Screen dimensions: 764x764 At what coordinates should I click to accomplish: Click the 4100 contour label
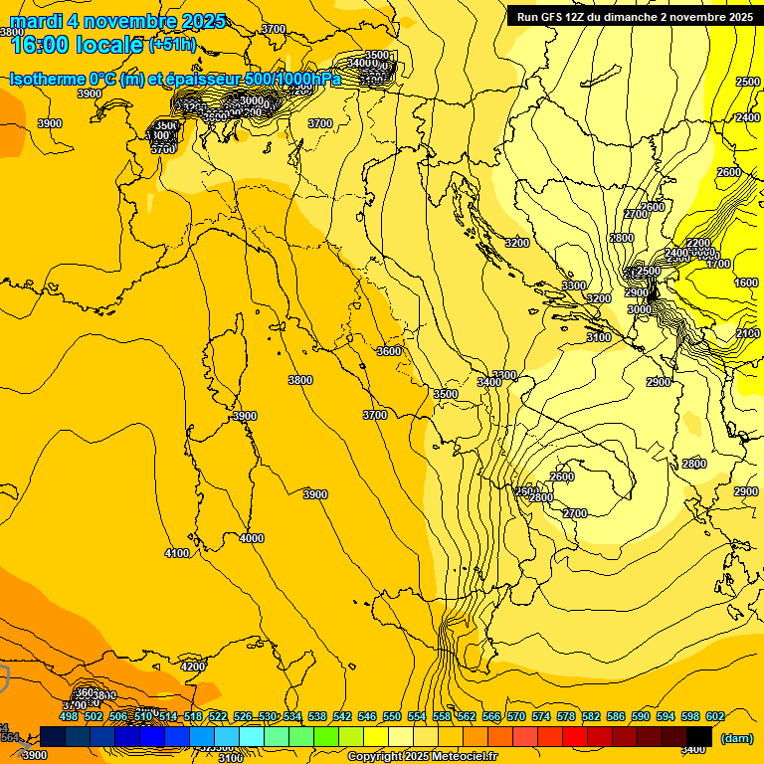click(x=177, y=553)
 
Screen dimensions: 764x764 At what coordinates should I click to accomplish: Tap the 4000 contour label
click(x=252, y=538)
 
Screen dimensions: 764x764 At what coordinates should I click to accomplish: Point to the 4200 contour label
click(x=193, y=667)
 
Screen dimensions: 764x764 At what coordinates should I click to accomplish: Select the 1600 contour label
click(x=746, y=283)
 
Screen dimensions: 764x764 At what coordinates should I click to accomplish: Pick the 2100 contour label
click(x=748, y=333)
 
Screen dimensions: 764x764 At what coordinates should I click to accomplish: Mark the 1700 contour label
click(x=718, y=265)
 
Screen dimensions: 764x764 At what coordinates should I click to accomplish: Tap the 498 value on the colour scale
click(x=69, y=716)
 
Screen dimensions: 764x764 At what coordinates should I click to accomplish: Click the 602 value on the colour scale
click(x=715, y=716)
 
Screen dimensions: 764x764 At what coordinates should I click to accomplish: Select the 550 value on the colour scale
click(x=392, y=716)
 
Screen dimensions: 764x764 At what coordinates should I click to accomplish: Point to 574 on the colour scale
click(x=541, y=716)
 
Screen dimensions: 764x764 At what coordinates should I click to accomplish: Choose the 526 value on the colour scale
click(x=243, y=716)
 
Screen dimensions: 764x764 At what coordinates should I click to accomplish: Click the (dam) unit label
click(x=736, y=738)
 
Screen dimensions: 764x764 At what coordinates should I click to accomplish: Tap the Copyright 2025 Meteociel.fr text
click(x=423, y=756)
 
